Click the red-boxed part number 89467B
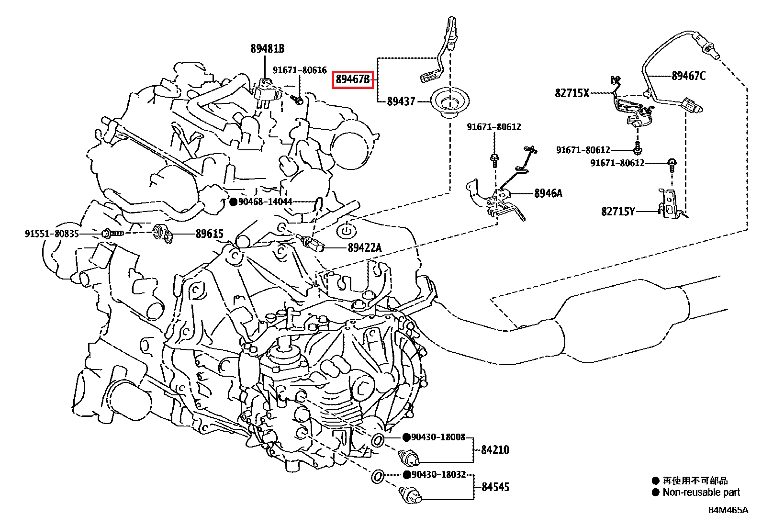point(353,79)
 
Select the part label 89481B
point(267,48)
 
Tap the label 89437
point(401,101)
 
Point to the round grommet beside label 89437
point(450,102)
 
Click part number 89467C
point(688,76)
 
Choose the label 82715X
point(572,93)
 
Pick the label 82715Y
point(618,211)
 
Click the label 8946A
point(548,193)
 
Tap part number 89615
point(209,234)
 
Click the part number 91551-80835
point(52,234)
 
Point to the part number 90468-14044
point(265,202)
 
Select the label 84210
point(495,450)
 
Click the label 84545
point(495,487)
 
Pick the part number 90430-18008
point(438,437)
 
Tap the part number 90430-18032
point(438,474)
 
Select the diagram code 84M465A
point(728,510)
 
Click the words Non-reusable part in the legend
point(701,492)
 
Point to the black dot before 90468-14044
point(233,202)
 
